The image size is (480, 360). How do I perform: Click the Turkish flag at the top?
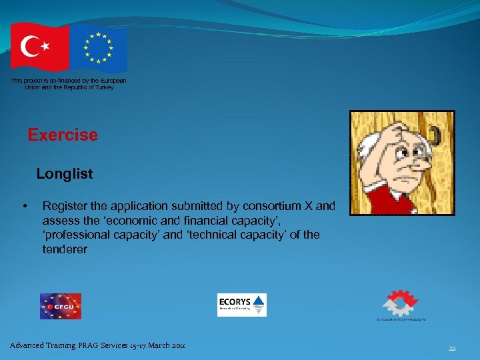point(39,47)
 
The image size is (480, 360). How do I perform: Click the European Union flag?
point(99,49)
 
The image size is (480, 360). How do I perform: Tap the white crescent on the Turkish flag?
point(31,47)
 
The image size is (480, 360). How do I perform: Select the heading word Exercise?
point(63,135)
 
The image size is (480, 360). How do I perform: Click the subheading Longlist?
point(65,174)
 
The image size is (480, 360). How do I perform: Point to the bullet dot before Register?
point(25,206)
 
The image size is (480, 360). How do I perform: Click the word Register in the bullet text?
point(64,206)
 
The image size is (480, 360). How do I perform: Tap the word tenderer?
point(65,249)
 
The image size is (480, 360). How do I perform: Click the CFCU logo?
point(60,306)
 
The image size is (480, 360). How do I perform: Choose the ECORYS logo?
point(241,305)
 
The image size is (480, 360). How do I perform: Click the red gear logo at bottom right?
point(399,303)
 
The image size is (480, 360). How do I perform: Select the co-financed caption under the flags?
point(69,84)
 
